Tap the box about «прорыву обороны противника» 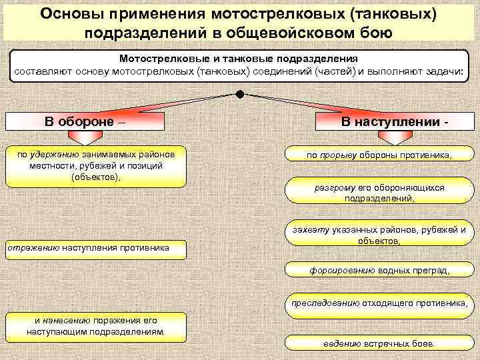click(x=379, y=155)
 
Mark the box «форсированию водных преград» click(x=379, y=270)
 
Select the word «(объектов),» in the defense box click(x=96, y=177)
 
